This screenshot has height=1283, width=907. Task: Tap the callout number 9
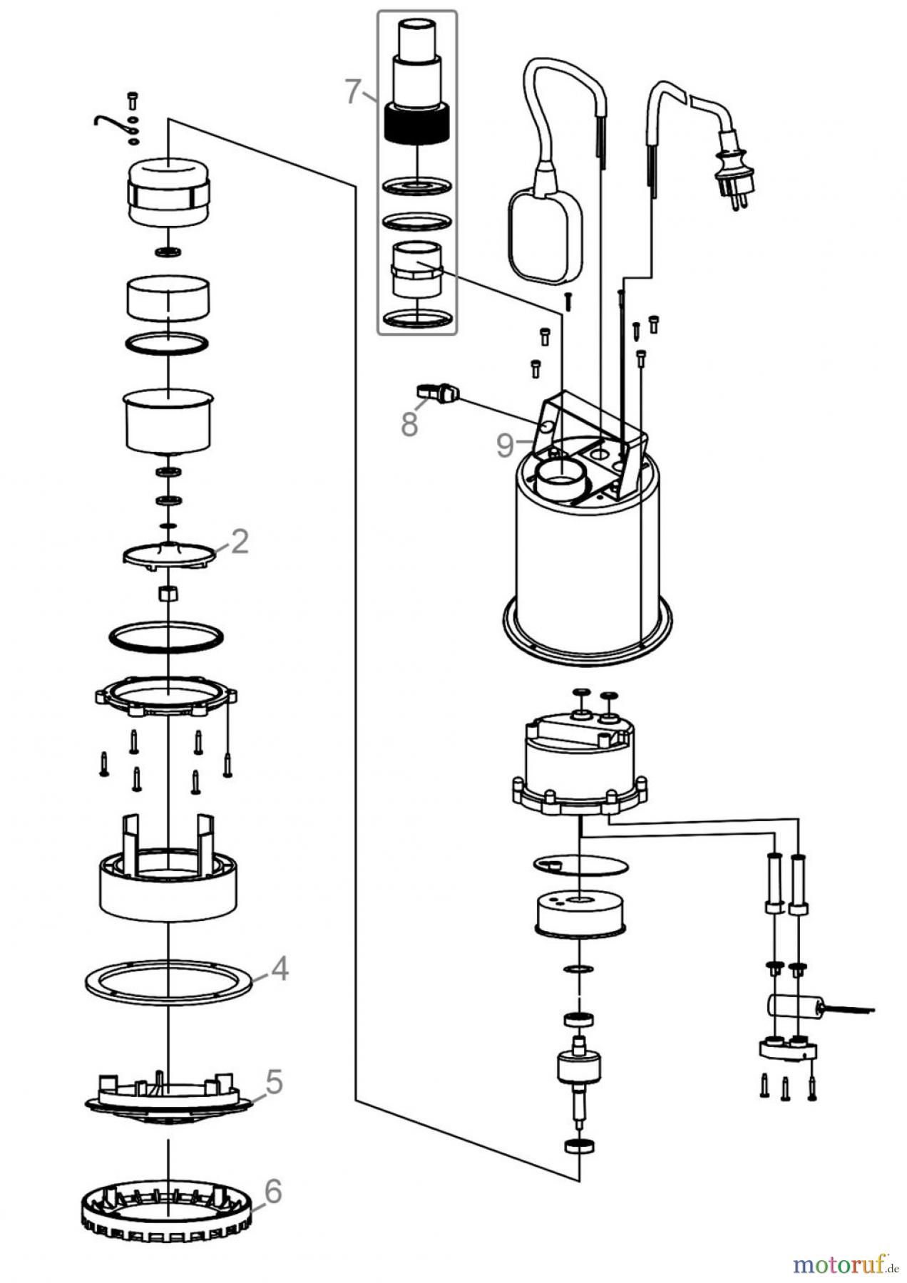[x=505, y=445]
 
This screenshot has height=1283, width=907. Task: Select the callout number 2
[x=240, y=542]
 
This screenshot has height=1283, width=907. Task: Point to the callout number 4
[x=280, y=969]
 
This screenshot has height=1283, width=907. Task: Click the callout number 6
[x=272, y=1191]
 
